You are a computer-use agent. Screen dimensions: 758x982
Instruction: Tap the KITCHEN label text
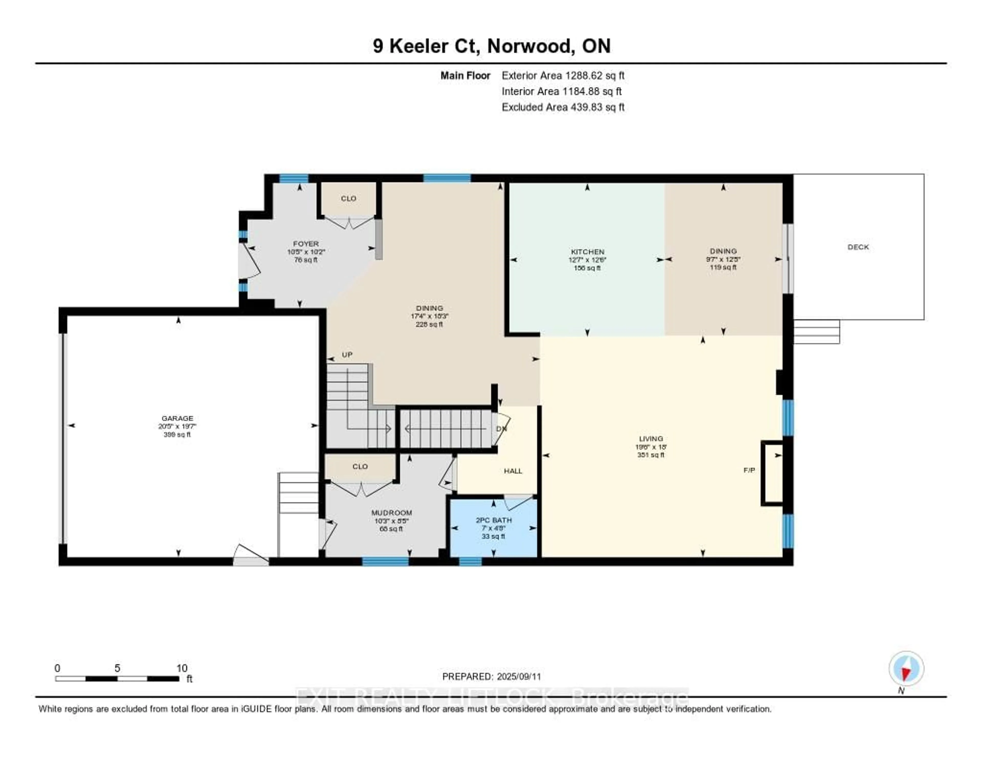point(587,252)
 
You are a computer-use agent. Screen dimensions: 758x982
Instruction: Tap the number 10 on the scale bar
point(182,668)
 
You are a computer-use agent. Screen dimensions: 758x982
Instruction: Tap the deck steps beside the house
point(816,332)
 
